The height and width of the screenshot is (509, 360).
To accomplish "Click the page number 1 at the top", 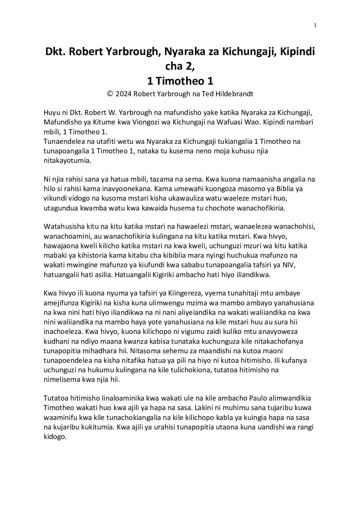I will point(315,25).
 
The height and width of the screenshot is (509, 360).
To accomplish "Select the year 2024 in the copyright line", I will point(124,94).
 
